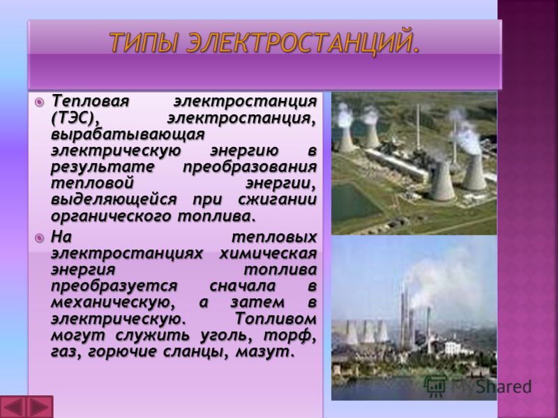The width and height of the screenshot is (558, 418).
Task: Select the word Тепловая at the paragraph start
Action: [x=90, y=101]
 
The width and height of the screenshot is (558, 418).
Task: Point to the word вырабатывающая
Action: [x=128, y=135]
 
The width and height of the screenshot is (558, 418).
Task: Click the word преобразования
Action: [x=250, y=168]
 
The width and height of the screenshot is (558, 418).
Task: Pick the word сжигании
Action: [x=278, y=200]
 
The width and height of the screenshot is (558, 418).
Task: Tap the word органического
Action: [x=112, y=217]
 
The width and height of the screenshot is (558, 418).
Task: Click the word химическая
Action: [x=268, y=254]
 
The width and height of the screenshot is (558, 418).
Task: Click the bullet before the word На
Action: [x=39, y=238]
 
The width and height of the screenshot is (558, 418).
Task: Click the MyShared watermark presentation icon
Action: [x=435, y=386]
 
